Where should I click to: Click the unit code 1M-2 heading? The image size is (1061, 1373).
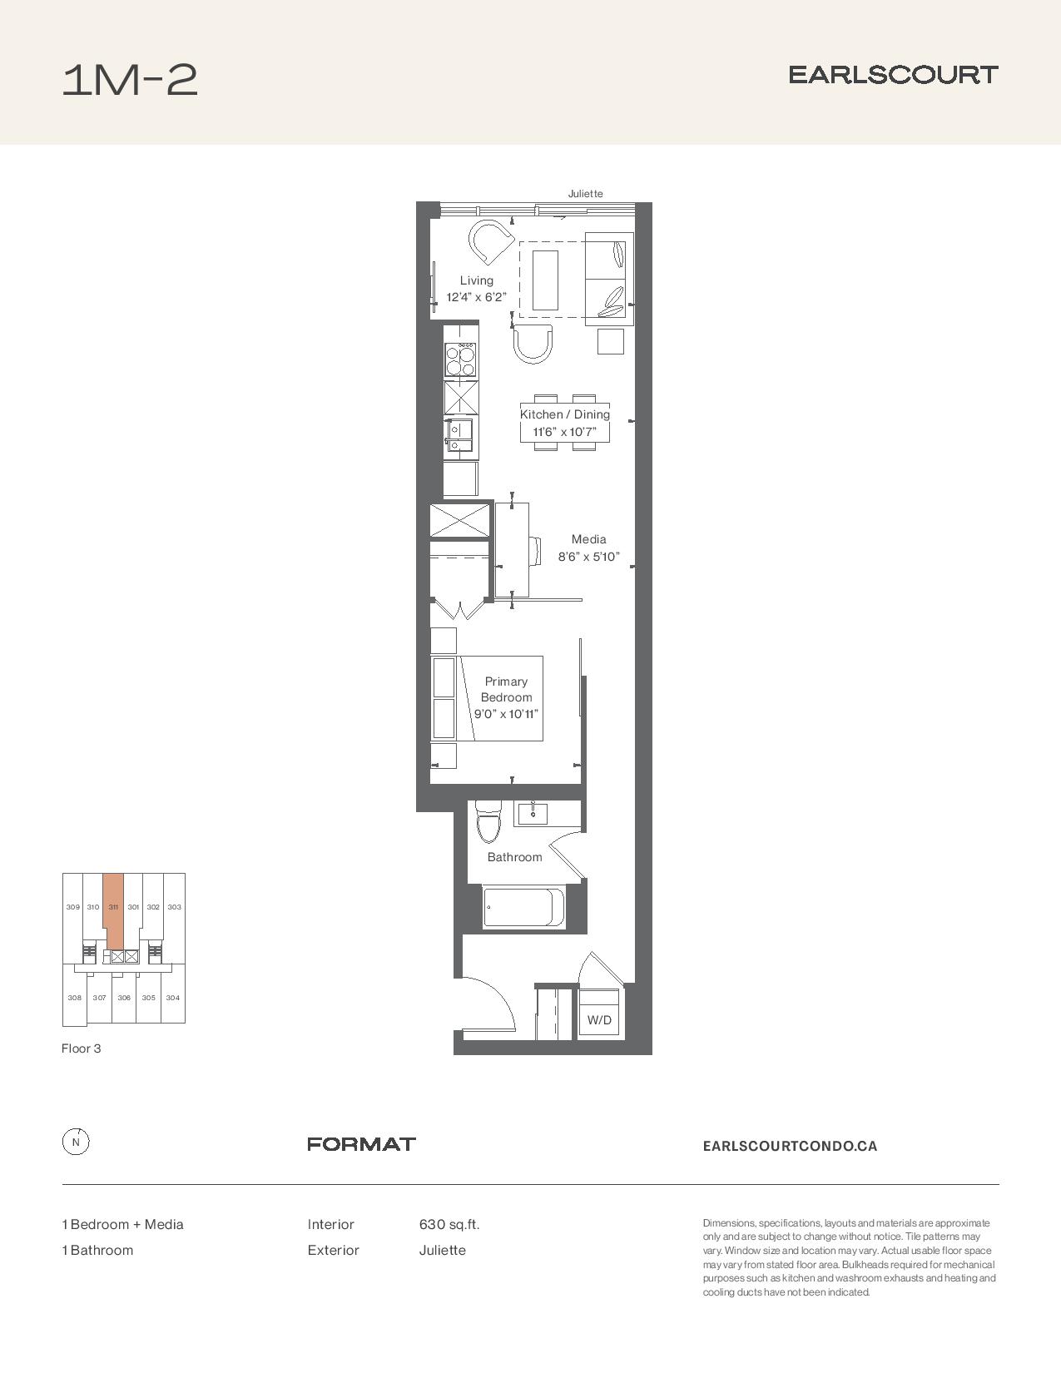click(130, 80)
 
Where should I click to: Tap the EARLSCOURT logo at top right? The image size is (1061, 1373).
click(893, 75)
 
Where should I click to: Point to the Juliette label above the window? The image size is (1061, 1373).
click(585, 193)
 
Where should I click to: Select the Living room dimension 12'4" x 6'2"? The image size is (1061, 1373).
click(477, 297)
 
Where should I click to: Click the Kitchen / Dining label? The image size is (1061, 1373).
click(565, 414)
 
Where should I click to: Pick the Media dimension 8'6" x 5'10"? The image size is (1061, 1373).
click(588, 557)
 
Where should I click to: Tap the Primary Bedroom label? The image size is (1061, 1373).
click(506, 689)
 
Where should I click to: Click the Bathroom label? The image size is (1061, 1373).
click(514, 857)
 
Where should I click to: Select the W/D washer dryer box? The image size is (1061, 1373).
click(599, 1012)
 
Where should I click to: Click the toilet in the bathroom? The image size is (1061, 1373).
click(488, 821)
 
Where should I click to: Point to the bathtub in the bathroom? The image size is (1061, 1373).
click(524, 908)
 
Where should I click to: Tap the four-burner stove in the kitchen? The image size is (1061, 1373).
click(461, 359)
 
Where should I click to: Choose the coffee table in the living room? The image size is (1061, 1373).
click(545, 280)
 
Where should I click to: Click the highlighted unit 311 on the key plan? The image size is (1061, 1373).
click(113, 910)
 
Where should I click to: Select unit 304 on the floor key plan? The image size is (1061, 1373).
click(172, 998)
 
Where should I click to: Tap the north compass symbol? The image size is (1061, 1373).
click(76, 1143)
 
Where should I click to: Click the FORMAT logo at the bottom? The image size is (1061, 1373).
click(361, 1144)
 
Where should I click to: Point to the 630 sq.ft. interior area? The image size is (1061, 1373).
click(449, 1225)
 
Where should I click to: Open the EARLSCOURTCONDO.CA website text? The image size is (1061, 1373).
click(790, 1146)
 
